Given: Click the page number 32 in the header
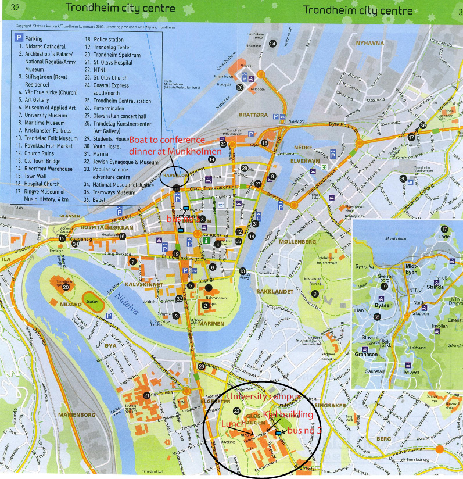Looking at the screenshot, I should point(16,8).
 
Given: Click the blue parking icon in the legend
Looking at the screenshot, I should point(20,37).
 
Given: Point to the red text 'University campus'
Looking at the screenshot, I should point(264,396).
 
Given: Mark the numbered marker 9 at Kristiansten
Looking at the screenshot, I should point(314,294).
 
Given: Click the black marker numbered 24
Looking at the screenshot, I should point(272,43).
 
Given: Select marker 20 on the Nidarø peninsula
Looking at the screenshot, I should point(66,287).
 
